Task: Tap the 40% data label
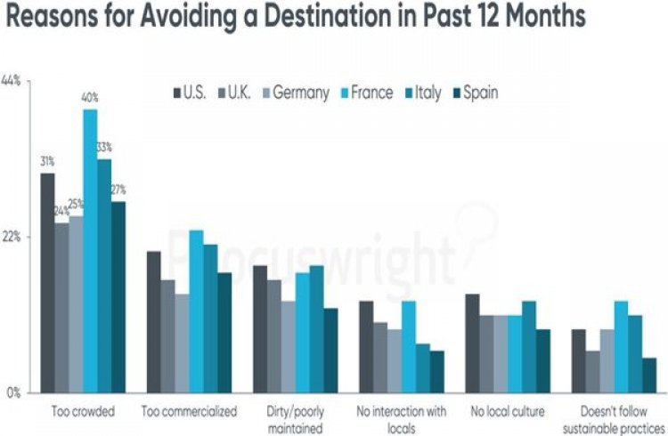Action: [x=90, y=98]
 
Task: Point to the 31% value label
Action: [x=47, y=162]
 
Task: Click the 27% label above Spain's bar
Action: [x=118, y=190]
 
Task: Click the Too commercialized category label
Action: [x=190, y=412]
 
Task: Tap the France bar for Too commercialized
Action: [x=196, y=311]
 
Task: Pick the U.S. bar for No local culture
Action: [x=473, y=343]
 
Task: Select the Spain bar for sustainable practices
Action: [x=649, y=375]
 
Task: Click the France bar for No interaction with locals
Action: [x=409, y=347]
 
